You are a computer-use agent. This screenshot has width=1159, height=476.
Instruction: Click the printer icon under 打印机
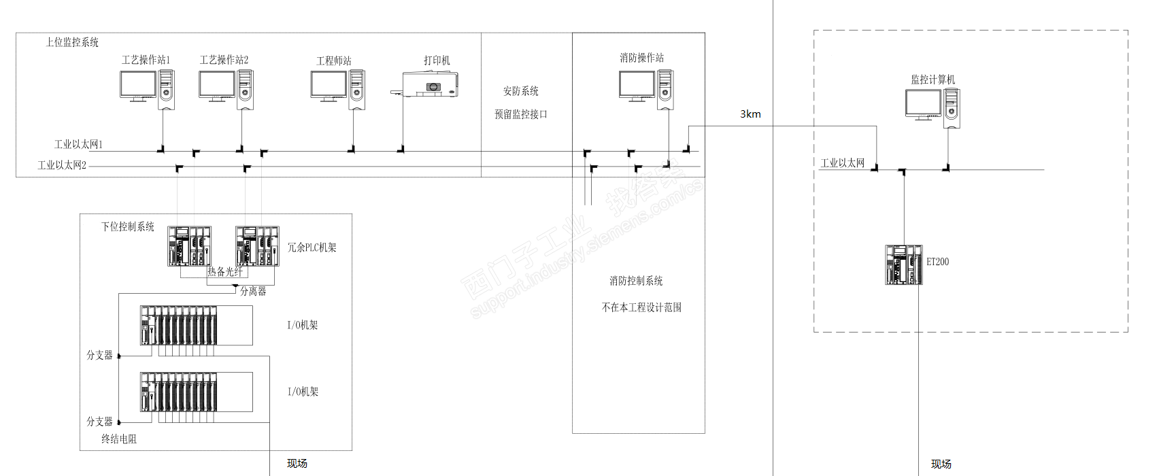pyautogui.click(x=427, y=86)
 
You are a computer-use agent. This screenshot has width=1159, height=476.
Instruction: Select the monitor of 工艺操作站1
pyautogui.click(x=138, y=85)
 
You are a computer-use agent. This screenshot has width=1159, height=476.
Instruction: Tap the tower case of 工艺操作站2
pyautogui.click(x=245, y=89)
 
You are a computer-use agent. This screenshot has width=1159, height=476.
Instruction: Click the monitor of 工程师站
pyautogui.click(x=329, y=85)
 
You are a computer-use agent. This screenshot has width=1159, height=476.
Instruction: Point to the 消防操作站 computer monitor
pyautogui.click(x=637, y=85)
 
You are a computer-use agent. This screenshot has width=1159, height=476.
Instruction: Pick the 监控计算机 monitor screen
pyautogui.click(x=923, y=103)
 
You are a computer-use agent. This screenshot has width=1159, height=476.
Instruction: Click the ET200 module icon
pyautogui.click(x=903, y=265)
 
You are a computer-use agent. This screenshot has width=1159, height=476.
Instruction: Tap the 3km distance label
pyautogui.click(x=750, y=114)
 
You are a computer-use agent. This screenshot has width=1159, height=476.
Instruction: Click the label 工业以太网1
pyautogui.click(x=78, y=144)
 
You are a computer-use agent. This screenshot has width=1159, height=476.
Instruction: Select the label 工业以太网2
pyautogui.click(x=62, y=165)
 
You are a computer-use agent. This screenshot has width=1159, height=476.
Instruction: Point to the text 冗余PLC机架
pyautogui.click(x=312, y=248)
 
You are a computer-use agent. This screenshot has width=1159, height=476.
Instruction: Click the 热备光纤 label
pyautogui.click(x=224, y=271)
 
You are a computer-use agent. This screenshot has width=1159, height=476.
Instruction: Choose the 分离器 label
pyautogui.click(x=253, y=291)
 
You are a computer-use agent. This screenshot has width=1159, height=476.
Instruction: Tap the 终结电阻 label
pyautogui.click(x=119, y=439)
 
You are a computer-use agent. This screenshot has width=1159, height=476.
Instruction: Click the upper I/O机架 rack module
pyautogui.click(x=179, y=325)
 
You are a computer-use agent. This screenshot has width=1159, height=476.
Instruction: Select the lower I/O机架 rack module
pyautogui.click(x=179, y=392)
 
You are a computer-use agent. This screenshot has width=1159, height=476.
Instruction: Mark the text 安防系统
pyautogui.click(x=520, y=91)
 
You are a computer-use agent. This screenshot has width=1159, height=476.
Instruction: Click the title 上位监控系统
pyautogui.click(x=72, y=42)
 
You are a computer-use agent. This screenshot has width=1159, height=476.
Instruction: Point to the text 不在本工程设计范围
pyautogui.click(x=641, y=307)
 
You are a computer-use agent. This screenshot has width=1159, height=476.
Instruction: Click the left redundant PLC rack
pyautogui.click(x=189, y=246)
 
